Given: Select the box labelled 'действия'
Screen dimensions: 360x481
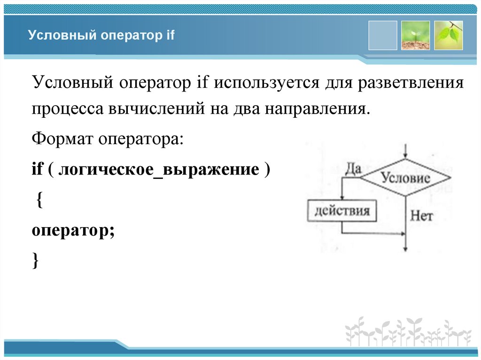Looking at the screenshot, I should click(341, 210).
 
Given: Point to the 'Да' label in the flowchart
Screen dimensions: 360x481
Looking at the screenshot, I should click(353, 169).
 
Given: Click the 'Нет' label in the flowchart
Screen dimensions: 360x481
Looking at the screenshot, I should click(421, 216).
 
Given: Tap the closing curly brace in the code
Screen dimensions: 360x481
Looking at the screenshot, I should click(36, 260).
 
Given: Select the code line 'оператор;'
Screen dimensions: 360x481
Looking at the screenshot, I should click(73, 231).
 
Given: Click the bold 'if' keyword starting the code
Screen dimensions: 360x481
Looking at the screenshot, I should click(37, 169).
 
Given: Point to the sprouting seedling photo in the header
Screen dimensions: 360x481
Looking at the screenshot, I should click(415, 35).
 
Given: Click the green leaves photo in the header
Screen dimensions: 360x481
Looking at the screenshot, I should click(448, 35).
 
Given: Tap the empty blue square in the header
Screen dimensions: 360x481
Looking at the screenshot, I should click(382, 35).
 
